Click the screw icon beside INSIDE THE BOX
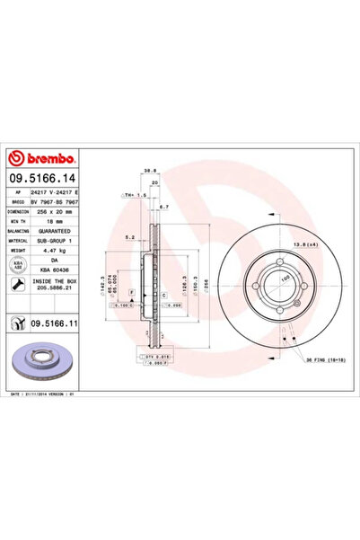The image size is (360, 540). point(16,285)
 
